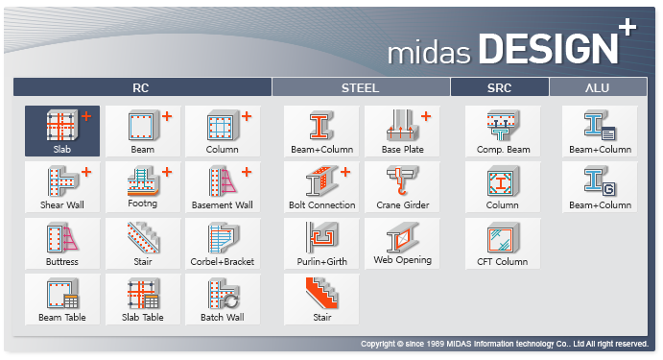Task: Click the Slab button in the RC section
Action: pyautogui.click(x=62, y=132)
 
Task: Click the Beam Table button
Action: pyautogui.click(x=62, y=299)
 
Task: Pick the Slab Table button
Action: pyautogui.click(x=143, y=299)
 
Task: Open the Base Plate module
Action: pyautogui.click(x=402, y=132)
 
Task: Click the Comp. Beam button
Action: pyautogui.click(x=503, y=132)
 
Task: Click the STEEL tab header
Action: pyautogui.click(x=361, y=88)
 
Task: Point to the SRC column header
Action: pyautogui.click(x=499, y=88)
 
